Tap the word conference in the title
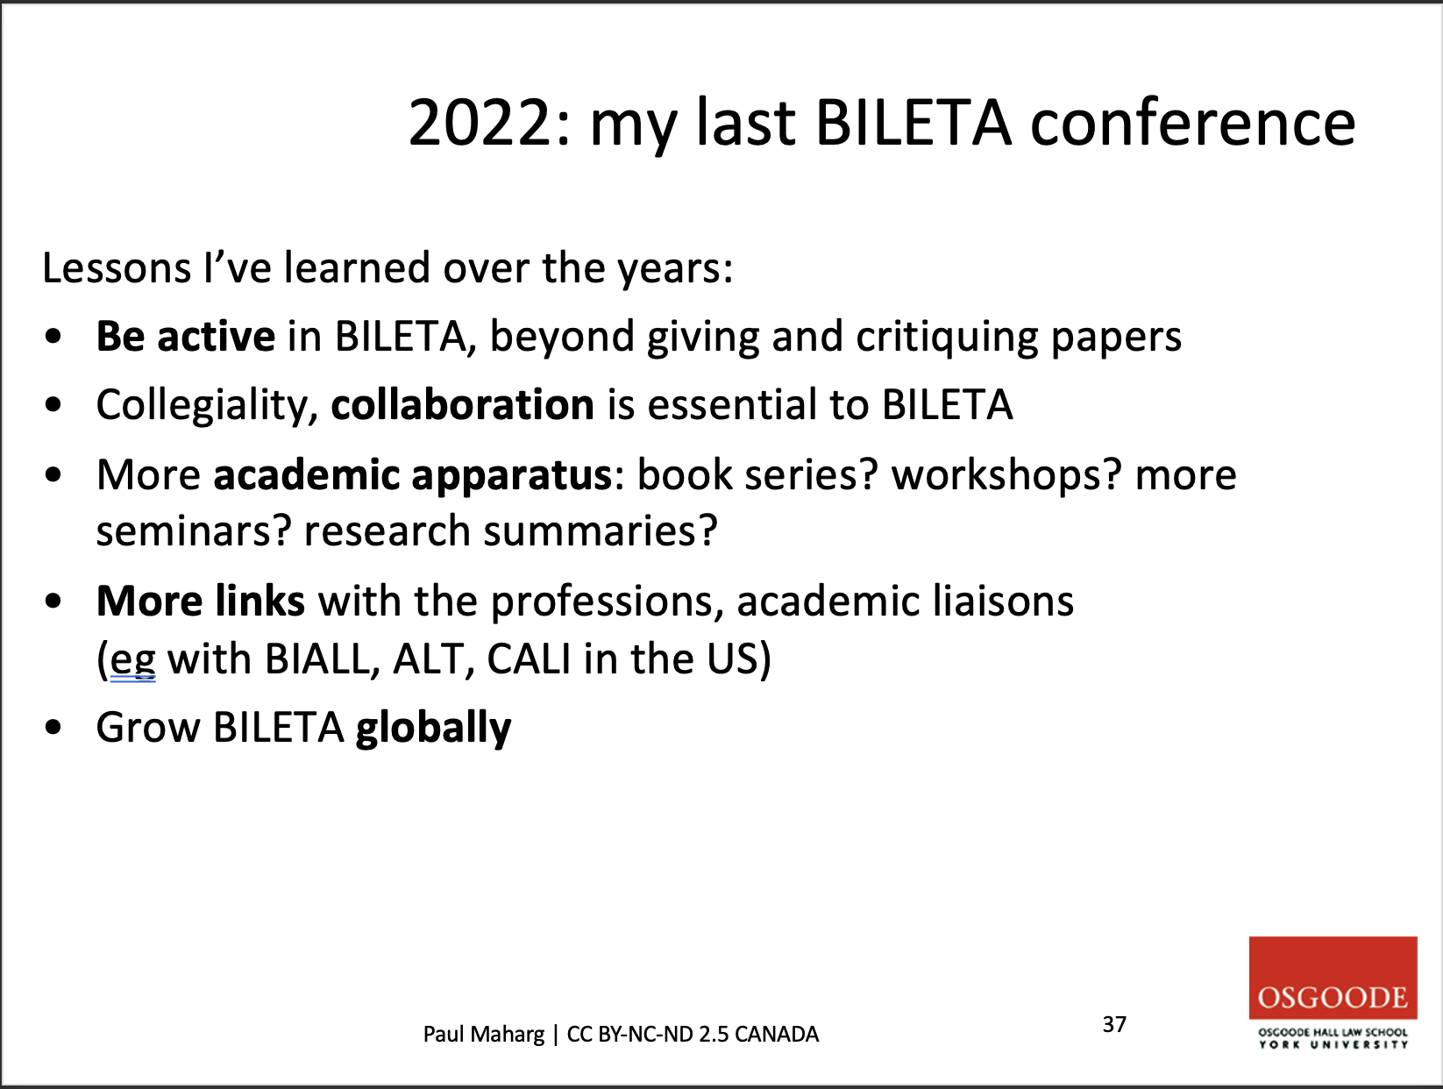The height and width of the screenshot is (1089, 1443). point(1192,122)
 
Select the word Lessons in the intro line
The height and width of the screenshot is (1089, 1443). point(117,267)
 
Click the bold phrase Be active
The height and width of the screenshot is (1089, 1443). point(185,336)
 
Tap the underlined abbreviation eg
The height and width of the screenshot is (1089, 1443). point(132,660)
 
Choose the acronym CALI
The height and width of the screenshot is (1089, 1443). point(529,658)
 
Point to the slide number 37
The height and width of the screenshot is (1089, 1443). point(1114,1024)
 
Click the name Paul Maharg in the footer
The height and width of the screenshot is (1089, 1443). point(484,1035)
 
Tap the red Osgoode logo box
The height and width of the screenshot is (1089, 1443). point(1333,978)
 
